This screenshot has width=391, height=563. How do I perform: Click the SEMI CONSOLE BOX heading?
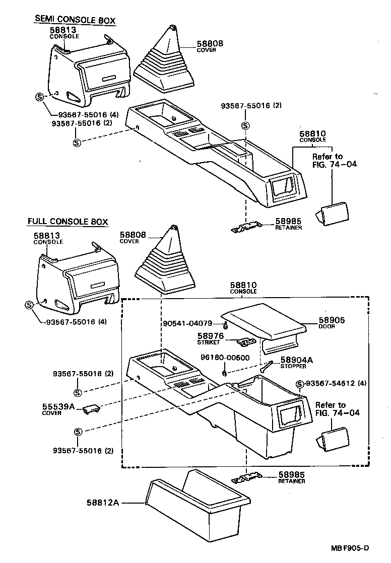click(x=75, y=21)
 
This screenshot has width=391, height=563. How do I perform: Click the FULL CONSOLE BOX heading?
click(x=68, y=222)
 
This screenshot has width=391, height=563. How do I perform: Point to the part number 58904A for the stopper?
click(x=296, y=360)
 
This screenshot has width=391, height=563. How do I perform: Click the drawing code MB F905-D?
click(x=350, y=548)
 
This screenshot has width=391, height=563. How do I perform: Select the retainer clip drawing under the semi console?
click(x=245, y=228)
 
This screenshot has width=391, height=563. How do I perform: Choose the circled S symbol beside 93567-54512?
click(x=299, y=384)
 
